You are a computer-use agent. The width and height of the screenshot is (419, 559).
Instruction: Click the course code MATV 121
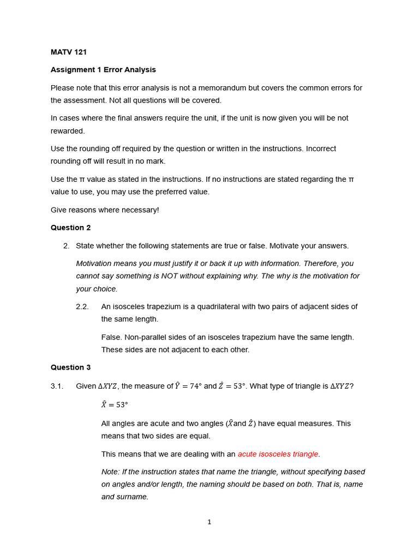coord(69,52)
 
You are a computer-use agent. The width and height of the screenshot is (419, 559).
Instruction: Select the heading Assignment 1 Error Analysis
coord(103,70)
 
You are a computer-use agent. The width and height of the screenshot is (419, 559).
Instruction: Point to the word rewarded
coord(68,131)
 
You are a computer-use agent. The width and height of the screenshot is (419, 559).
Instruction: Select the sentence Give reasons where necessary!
coord(105,210)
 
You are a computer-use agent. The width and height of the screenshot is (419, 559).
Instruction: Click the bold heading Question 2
coord(71,228)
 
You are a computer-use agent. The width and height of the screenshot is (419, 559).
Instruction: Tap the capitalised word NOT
coord(170,276)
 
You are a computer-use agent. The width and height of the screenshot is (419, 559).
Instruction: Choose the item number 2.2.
coord(82,307)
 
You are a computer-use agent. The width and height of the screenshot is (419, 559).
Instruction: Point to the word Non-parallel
coord(146,337)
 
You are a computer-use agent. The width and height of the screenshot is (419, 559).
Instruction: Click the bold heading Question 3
coord(71,367)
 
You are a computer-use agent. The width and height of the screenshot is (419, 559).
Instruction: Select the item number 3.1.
coord(57,386)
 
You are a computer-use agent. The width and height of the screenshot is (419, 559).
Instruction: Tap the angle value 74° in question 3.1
coord(195,386)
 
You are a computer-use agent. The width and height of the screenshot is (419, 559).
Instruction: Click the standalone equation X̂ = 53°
coord(115,405)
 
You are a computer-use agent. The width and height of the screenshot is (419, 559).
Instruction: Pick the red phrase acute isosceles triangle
coord(278,454)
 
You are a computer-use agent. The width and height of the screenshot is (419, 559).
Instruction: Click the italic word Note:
coord(110,472)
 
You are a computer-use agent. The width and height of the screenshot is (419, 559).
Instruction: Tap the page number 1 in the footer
coord(209,522)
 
